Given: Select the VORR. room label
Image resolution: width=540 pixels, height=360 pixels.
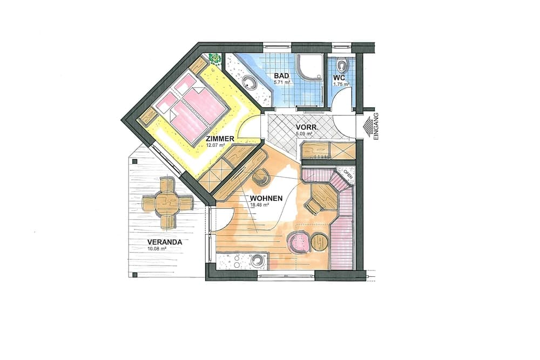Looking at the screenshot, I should [x=306, y=128].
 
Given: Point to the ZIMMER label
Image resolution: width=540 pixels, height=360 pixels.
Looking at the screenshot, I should [x=219, y=139].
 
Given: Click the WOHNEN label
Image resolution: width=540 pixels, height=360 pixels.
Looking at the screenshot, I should [x=266, y=198].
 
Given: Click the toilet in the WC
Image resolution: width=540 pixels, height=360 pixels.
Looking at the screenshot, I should [x=341, y=66].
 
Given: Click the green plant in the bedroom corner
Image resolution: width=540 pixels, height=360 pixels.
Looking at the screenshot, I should [x=215, y=58].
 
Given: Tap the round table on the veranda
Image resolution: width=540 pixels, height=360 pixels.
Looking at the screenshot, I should [x=167, y=203].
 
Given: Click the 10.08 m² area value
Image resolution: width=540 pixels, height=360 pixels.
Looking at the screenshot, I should [x=156, y=249].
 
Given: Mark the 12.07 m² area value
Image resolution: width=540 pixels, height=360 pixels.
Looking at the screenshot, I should [x=214, y=145].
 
